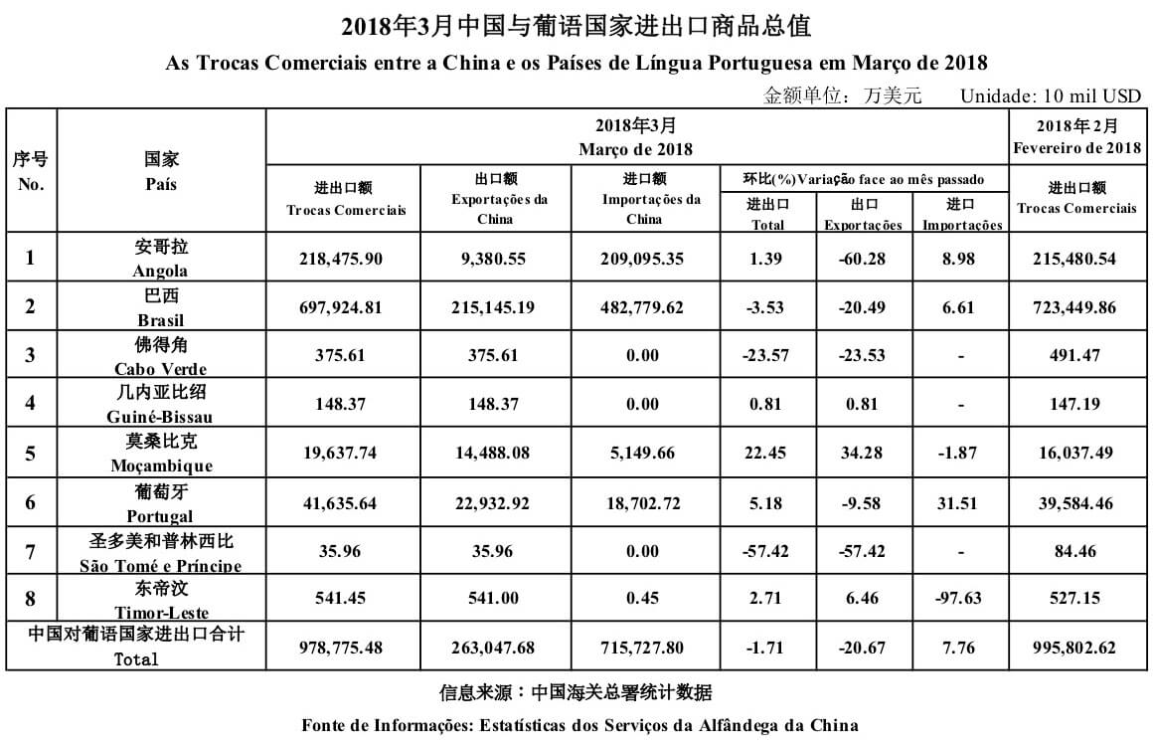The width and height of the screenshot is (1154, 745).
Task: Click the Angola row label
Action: (x=160, y=259)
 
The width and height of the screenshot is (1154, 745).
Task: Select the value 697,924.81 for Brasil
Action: (x=341, y=307)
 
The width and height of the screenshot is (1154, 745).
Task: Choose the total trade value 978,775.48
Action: (x=341, y=648)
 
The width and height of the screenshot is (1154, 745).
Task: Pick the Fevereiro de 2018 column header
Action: (x=1076, y=137)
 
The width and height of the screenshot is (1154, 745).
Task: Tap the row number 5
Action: (x=31, y=454)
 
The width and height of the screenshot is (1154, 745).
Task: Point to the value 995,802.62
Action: (x=1076, y=648)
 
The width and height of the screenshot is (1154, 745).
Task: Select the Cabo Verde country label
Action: (x=160, y=356)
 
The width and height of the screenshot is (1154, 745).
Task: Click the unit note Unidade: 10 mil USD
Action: (x=1050, y=96)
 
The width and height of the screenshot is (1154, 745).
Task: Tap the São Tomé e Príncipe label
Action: (x=160, y=553)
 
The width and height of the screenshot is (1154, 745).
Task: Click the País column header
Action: (x=160, y=171)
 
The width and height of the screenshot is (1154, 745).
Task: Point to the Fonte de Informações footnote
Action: (x=579, y=724)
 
